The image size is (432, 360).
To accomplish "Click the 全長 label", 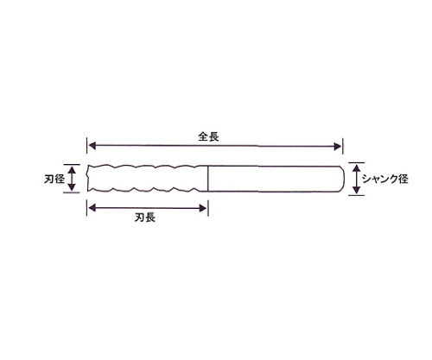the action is point(208,136).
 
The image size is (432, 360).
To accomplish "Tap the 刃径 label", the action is point(54,180).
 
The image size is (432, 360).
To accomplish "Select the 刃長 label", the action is point(145,218).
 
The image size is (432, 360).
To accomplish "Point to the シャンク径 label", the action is point(385,179).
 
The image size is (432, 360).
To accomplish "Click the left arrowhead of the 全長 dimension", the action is point(92,146).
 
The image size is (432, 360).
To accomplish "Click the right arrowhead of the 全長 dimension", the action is point(338,146).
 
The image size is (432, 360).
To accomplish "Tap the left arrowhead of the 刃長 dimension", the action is point(92,208).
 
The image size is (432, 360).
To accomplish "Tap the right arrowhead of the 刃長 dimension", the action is point(203,208).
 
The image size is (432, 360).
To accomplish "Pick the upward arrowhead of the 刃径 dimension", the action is point(72,169).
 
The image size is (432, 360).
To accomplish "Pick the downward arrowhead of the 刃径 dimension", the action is point(72,187).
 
